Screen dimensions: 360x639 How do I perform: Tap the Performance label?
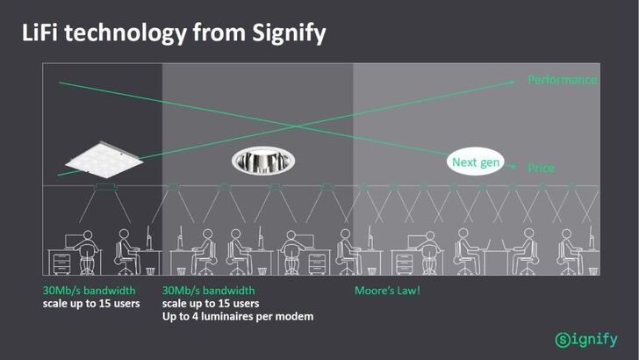(x=562, y=80)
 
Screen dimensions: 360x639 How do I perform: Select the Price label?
(x=542, y=168)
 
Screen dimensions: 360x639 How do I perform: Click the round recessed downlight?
(x=263, y=159)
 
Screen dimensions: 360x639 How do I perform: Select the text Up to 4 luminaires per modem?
(x=239, y=316)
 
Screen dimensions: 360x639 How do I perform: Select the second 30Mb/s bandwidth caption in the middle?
(x=209, y=291)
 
